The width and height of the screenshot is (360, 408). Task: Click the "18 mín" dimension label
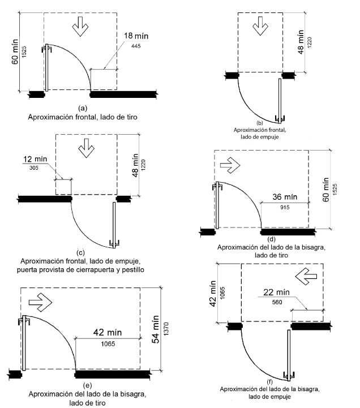(136, 36)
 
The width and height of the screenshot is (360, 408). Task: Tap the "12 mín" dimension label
(35, 159)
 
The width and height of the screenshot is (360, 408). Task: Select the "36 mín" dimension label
(285, 197)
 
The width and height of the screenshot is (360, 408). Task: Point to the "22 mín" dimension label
(276, 292)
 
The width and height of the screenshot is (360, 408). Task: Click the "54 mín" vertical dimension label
(156, 329)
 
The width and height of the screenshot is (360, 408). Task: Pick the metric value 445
(136, 46)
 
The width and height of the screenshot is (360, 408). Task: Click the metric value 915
(285, 207)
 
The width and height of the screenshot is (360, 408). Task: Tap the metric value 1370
(166, 329)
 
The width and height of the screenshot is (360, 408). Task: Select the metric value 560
(277, 302)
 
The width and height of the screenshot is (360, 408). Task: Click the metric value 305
(34, 168)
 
